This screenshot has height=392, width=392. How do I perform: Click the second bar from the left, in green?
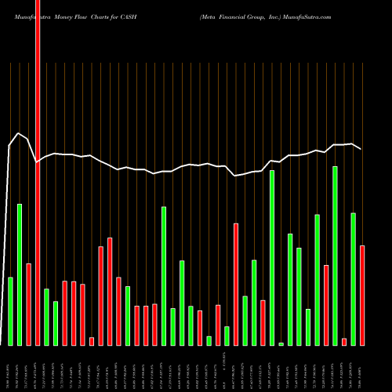click(20, 274)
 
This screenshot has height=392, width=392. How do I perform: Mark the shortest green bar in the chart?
click(281, 343)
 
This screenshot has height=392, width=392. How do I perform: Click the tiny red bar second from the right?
click(344, 341)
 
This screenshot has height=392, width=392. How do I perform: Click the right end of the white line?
click(361, 149)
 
